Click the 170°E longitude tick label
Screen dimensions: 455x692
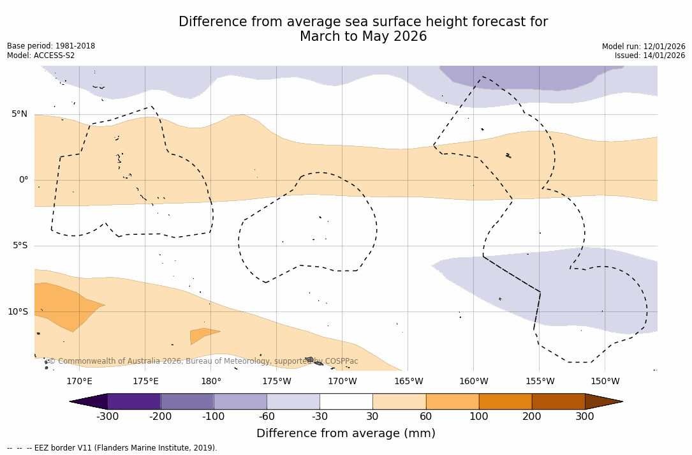79,382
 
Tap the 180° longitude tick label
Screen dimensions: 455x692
211,382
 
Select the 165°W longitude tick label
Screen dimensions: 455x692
408,382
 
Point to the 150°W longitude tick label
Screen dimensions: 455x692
605,382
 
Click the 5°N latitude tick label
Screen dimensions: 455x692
19,114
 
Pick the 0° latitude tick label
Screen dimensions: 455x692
24,180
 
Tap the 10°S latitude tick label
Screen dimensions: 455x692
17,312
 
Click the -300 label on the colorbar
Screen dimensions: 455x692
107,417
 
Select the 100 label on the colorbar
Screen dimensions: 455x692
479,417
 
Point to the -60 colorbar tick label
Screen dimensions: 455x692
267,417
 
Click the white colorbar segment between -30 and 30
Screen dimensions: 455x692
346,401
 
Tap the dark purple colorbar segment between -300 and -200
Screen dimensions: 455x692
134,401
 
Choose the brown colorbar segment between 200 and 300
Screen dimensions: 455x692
558,401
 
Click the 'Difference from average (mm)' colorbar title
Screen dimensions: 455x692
346,434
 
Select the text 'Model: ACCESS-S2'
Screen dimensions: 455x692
41,56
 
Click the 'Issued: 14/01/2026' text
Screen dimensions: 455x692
649,56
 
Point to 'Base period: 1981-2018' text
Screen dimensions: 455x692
51,46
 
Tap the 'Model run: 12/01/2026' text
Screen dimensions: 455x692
644,47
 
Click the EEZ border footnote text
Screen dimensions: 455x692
112,448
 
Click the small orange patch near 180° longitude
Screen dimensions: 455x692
202,334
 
